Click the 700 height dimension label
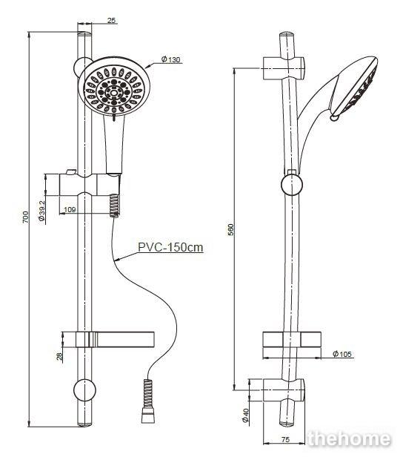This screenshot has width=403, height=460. tap(26, 217)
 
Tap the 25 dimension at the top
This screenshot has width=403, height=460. tap(111, 21)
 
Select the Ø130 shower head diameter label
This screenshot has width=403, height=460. tap(171, 59)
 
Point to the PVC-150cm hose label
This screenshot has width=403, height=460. tap(170, 247)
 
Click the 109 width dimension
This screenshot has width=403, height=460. tap(70, 210)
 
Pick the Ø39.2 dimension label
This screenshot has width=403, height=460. tap(41, 211)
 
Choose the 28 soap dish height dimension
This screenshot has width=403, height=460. tap(59, 356)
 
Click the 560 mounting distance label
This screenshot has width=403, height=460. tap(231, 230)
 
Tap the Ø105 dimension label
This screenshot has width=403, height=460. tap(342, 354)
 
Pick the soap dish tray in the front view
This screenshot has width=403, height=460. tap(115, 339)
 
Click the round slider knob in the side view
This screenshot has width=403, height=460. tap(292, 184)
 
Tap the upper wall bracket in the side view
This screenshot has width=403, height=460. tap(284, 68)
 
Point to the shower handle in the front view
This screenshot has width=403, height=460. tap(114, 144)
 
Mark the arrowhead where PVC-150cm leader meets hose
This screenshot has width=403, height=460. tap(117, 259)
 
